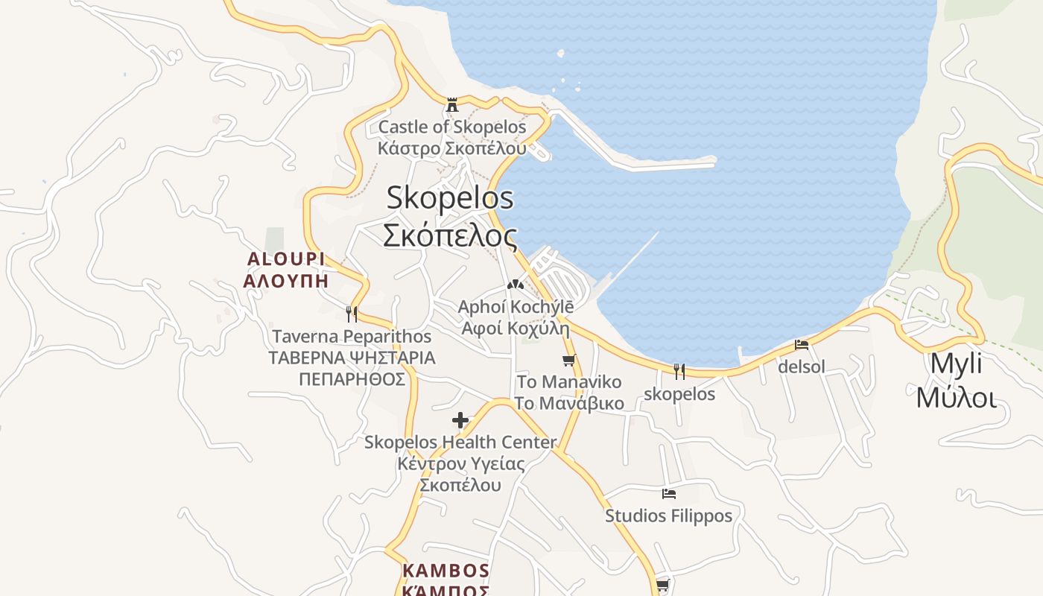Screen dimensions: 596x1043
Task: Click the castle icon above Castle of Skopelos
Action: pyautogui.click(x=451, y=104)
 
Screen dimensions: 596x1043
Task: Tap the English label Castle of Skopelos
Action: pyautogui.click(x=451, y=127)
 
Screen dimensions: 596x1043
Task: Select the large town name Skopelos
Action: pyautogui.click(x=450, y=198)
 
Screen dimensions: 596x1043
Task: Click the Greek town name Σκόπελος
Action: pyautogui.click(x=450, y=235)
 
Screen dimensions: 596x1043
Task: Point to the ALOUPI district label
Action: pyautogui.click(x=286, y=259)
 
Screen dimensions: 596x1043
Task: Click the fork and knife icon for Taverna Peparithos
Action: pyautogui.click(x=352, y=314)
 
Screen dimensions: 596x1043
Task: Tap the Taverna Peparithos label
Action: pyautogui.click(x=352, y=337)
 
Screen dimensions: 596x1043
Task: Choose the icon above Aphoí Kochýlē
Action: pyautogui.click(x=515, y=285)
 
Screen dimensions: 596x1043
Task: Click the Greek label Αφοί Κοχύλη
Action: pyautogui.click(x=515, y=329)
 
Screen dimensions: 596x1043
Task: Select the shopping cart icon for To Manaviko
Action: pyautogui.click(x=569, y=361)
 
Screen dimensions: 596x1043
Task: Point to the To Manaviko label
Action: pyautogui.click(x=569, y=382)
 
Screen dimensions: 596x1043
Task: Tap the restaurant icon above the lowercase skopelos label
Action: pyautogui.click(x=679, y=371)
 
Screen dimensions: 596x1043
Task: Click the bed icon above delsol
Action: pyautogui.click(x=802, y=345)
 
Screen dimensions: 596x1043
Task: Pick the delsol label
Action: pyautogui.click(x=802, y=367)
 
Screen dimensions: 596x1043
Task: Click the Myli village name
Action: pyautogui.click(x=956, y=364)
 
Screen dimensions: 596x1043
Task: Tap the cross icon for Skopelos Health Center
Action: pyautogui.click(x=460, y=420)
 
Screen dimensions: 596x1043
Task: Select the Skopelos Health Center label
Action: pyautogui.click(x=460, y=443)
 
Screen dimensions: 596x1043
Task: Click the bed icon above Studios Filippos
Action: pyautogui.click(x=669, y=493)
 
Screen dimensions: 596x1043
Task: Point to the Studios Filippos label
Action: pyautogui.click(x=669, y=516)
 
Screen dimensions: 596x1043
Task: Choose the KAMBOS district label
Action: pyautogui.click(x=446, y=571)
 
